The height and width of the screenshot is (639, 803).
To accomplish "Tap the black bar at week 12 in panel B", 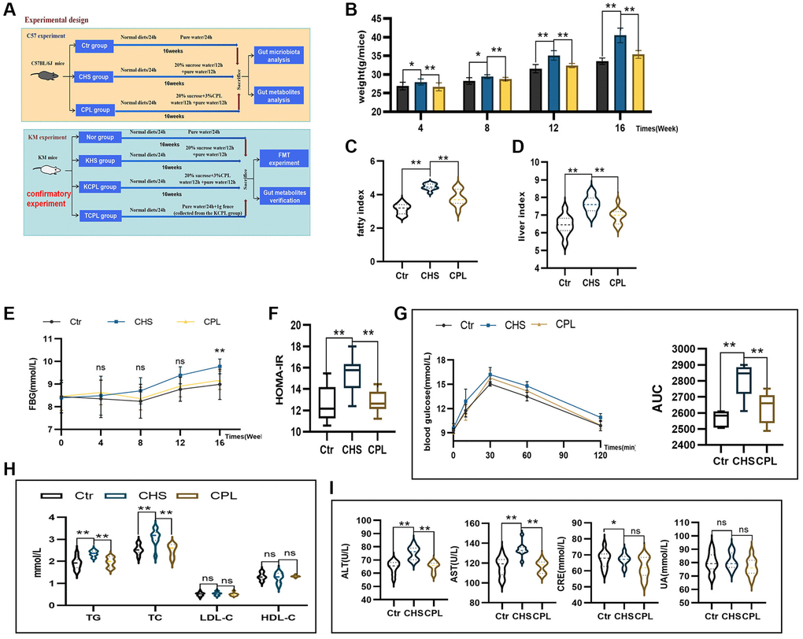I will click(535, 90).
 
